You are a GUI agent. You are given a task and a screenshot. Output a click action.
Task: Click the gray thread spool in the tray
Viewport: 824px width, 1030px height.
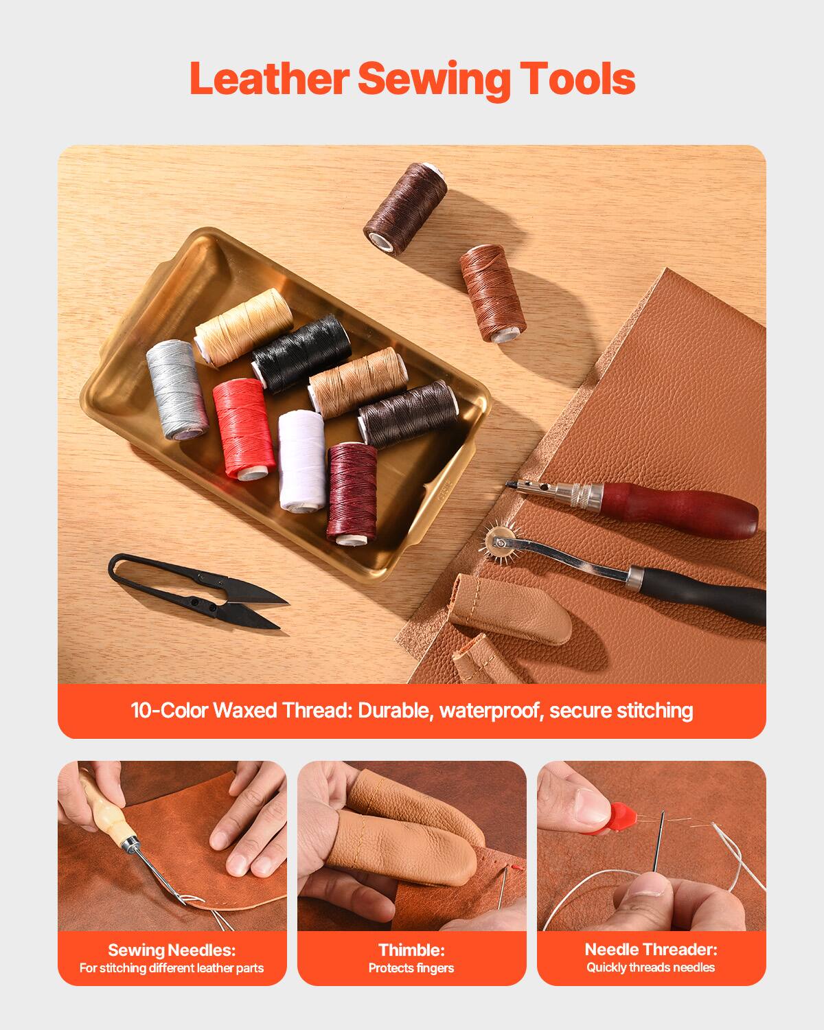pos(176,388)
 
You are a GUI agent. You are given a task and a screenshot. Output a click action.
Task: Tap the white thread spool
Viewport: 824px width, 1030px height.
pos(302,460)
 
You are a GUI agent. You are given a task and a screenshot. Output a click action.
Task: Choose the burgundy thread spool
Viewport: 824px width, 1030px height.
pos(352,492)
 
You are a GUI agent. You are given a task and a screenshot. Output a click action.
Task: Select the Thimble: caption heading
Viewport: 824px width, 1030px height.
pos(411,950)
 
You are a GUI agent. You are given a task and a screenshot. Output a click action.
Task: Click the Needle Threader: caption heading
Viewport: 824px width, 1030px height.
pos(651,950)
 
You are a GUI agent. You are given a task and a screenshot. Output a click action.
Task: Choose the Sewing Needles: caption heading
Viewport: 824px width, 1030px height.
pos(172,950)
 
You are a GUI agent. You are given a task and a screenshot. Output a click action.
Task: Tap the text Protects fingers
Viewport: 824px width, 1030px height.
pos(411,968)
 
